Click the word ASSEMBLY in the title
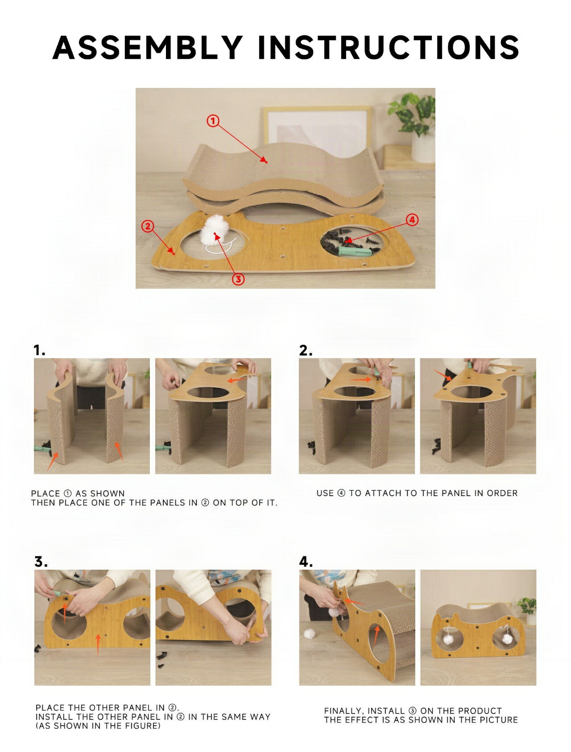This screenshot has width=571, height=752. coord(148,47)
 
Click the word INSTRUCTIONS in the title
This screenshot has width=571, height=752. coord(389,47)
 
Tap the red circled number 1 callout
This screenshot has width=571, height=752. coord(213,121)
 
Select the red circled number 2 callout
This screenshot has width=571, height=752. coord(148,226)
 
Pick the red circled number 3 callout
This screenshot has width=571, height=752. coord(238,279)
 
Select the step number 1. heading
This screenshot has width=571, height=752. coord(39,351)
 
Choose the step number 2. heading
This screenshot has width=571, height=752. coord(306,351)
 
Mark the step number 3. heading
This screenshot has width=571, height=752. coord(41,562)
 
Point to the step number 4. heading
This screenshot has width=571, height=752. coord(306,562)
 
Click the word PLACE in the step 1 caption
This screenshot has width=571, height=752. coord(46,493)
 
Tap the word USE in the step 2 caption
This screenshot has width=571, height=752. coord(325,493)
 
